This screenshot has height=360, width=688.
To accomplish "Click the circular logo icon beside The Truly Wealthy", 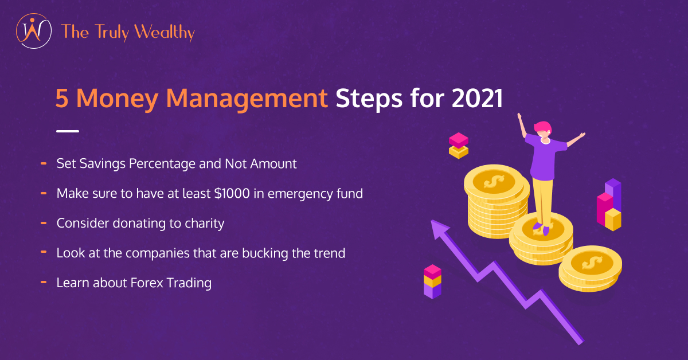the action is click(x=34, y=31).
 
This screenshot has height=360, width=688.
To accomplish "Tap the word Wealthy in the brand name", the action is click(x=165, y=32).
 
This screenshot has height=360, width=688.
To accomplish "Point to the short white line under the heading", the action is click(x=68, y=131).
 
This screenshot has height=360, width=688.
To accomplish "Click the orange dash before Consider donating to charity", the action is click(x=44, y=223).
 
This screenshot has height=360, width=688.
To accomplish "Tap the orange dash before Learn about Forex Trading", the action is click(x=44, y=282).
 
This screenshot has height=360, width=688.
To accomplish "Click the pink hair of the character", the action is click(x=543, y=127).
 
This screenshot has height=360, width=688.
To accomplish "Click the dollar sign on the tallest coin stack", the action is click(x=494, y=182).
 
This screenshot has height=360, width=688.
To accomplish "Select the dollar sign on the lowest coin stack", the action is click(x=592, y=263).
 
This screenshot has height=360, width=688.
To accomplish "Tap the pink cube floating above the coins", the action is click(x=459, y=140).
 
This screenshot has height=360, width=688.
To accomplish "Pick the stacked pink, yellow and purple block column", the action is click(x=432, y=281).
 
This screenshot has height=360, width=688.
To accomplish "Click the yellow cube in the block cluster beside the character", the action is click(x=613, y=220).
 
